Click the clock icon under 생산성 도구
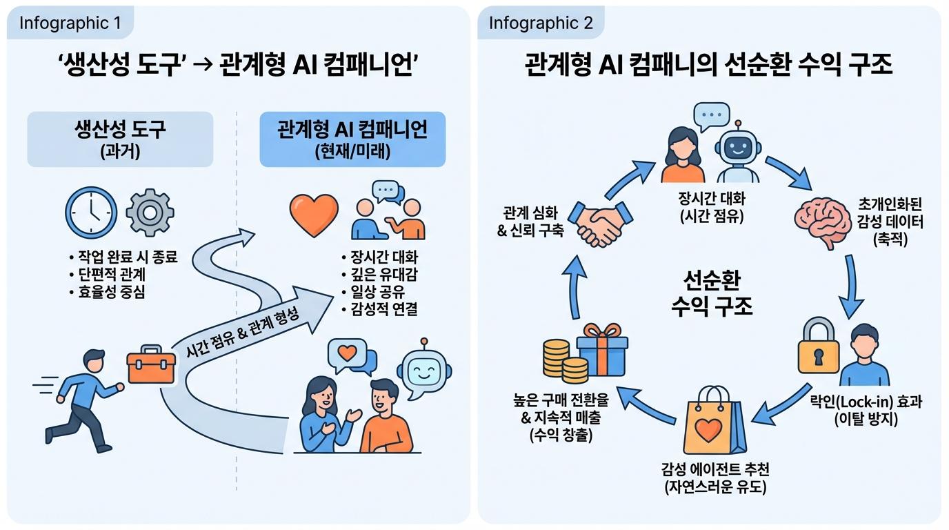coord(91,211)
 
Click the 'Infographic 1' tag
coord(70,23)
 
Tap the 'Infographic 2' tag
coord(540,23)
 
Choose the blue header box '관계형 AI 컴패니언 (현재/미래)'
coord(352,139)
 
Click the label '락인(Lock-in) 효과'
coord(865,402)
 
